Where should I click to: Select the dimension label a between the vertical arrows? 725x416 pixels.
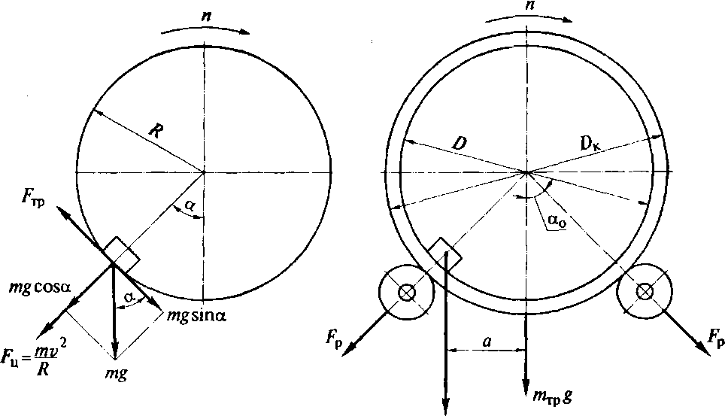click(x=487, y=340)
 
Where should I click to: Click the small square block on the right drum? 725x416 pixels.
click(x=444, y=251)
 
